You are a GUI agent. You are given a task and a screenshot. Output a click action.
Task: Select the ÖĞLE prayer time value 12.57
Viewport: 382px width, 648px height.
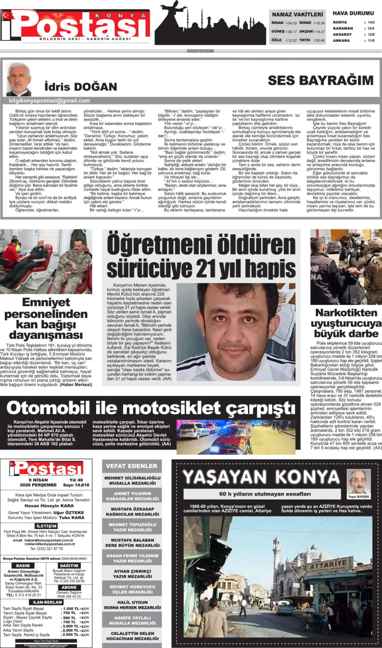pyautogui.click(x=292, y=40)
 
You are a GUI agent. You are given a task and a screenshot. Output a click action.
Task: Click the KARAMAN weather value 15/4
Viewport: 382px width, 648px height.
pyautogui.click(x=371, y=28)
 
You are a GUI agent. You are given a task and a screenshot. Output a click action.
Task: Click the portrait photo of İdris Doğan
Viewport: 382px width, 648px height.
pyautogui.click(x=19, y=79)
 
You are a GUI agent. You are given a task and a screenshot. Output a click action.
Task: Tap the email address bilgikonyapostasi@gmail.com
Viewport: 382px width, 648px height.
pyautogui.click(x=50, y=101)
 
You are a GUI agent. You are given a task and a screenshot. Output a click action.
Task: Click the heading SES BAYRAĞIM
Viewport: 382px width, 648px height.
pyautogui.click(x=321, y=80)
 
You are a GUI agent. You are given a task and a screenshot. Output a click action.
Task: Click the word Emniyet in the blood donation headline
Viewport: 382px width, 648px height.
pyautogui.click(x=46, y=302)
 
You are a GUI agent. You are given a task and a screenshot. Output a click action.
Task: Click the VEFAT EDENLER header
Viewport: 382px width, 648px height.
pyautogui.click(x=132, y=466)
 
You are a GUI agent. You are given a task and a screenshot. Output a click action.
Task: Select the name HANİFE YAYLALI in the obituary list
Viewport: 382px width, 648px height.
pyautogui.click(x=133, y=618)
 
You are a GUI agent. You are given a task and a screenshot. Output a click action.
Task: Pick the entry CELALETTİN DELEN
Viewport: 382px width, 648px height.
pyautogui.click(x=133, y=633)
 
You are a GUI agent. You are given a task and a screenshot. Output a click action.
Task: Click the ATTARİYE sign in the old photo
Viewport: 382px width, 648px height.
pyautogui.click(x=328, y=566)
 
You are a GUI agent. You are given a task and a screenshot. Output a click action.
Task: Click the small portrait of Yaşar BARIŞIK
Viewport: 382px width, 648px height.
pyautogui.click(x=358, y=482)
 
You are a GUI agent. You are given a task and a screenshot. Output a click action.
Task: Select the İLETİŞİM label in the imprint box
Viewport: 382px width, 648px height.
pyautogui.click(x=46, y=526)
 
